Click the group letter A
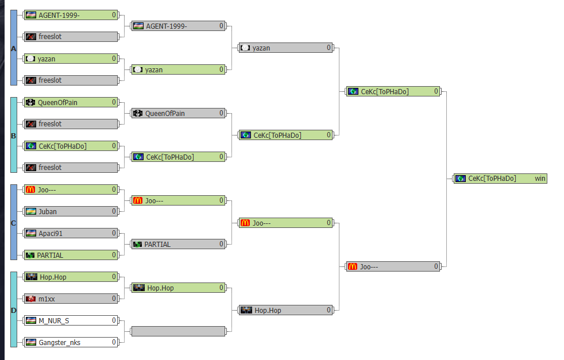(x=14, y=49)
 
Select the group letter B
(x=14, y=136)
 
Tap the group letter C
(x=14, y=223)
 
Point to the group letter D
(x=14, y=311)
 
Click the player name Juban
(x=48, y=211)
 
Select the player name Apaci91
(x=51, y=234)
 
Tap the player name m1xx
(x=47, y=299)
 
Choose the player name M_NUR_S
(x=54, y=321)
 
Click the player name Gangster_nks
(x=60, y=342)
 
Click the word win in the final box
(x=540, y=179)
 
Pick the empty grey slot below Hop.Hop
(x=179, y=331)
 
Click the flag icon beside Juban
(x=31, y=211)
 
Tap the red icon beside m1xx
(x=31, y=299)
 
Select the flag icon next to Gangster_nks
(x=31, y=342)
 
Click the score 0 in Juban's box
(x=114, y=211)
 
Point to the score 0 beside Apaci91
(x=114, y=233)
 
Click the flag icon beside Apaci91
(x=31, y=234)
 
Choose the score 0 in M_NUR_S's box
(x=114, y=320)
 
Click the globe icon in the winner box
(x=461, y=179)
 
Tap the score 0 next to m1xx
(x=114, y=299)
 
